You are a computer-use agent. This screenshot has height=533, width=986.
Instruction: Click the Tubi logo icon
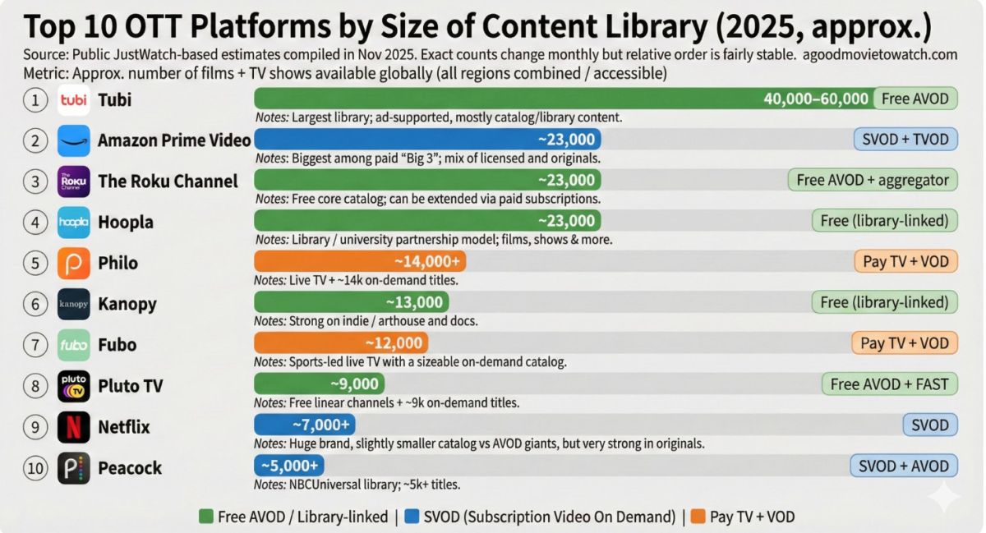74,100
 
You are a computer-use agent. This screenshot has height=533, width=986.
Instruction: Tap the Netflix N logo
74,426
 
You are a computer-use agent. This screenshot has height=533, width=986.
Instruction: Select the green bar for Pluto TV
319,384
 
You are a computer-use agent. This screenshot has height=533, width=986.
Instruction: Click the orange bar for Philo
360,262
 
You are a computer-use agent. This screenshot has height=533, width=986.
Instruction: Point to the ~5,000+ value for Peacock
289,466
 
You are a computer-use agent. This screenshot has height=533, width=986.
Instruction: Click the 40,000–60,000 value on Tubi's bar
816,99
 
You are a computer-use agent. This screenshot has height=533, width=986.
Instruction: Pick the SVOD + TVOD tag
905,140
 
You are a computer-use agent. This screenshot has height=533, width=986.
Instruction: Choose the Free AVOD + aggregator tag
873,181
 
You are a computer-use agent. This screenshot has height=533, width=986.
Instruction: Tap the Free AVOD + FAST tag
889,384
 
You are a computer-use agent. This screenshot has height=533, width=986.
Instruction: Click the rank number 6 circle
35,304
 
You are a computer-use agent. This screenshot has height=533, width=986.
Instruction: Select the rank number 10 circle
35,467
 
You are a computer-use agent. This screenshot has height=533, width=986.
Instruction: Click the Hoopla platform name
126,222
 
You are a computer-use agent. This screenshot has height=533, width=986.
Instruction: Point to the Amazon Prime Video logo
74,140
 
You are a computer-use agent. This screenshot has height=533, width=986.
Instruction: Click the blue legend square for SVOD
412,517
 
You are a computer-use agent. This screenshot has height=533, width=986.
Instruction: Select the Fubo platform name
117,344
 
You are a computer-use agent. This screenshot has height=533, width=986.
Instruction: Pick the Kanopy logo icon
74,304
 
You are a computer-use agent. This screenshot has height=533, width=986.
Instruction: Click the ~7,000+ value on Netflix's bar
321,425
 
